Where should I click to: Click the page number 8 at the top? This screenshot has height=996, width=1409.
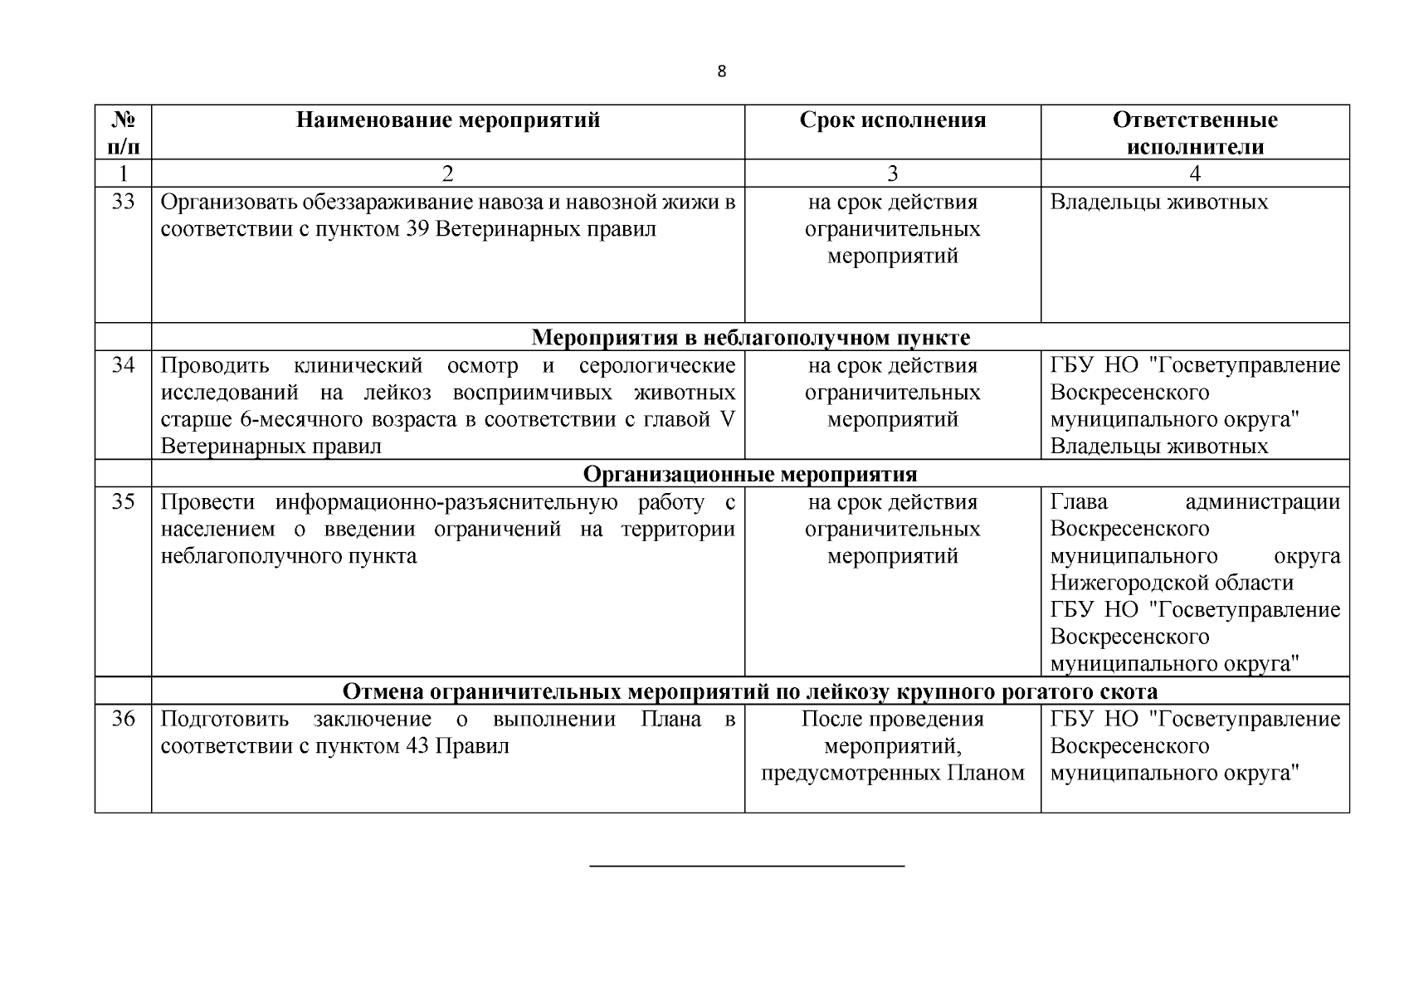pos(721,71)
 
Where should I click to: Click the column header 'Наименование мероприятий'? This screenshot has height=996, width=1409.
pos(448,120)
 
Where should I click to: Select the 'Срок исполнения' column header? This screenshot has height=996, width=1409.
pos(893,120)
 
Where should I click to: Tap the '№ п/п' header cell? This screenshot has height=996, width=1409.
pos(123,133)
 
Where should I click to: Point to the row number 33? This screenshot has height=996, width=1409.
pos(123,202)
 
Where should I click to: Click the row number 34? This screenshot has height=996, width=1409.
pos(123,365)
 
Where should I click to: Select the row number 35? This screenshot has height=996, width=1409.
pos(123,502)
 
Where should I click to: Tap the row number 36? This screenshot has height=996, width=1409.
pos(123,719)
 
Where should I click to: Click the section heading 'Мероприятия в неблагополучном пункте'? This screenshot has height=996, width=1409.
pos(750,338)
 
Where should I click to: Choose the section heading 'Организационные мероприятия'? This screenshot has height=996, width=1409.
pos(750,474)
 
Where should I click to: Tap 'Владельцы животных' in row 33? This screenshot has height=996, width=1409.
pos(1158,202)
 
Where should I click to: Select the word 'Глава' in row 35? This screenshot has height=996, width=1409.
pos(1079,502)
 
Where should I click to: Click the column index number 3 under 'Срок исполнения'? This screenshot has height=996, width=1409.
pos(893,173)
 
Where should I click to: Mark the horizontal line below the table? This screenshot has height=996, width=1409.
pos(747,866)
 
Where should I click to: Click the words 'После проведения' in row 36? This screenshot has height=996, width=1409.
pos(893,719)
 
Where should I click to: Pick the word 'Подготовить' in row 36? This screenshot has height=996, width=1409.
pos(224,719)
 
